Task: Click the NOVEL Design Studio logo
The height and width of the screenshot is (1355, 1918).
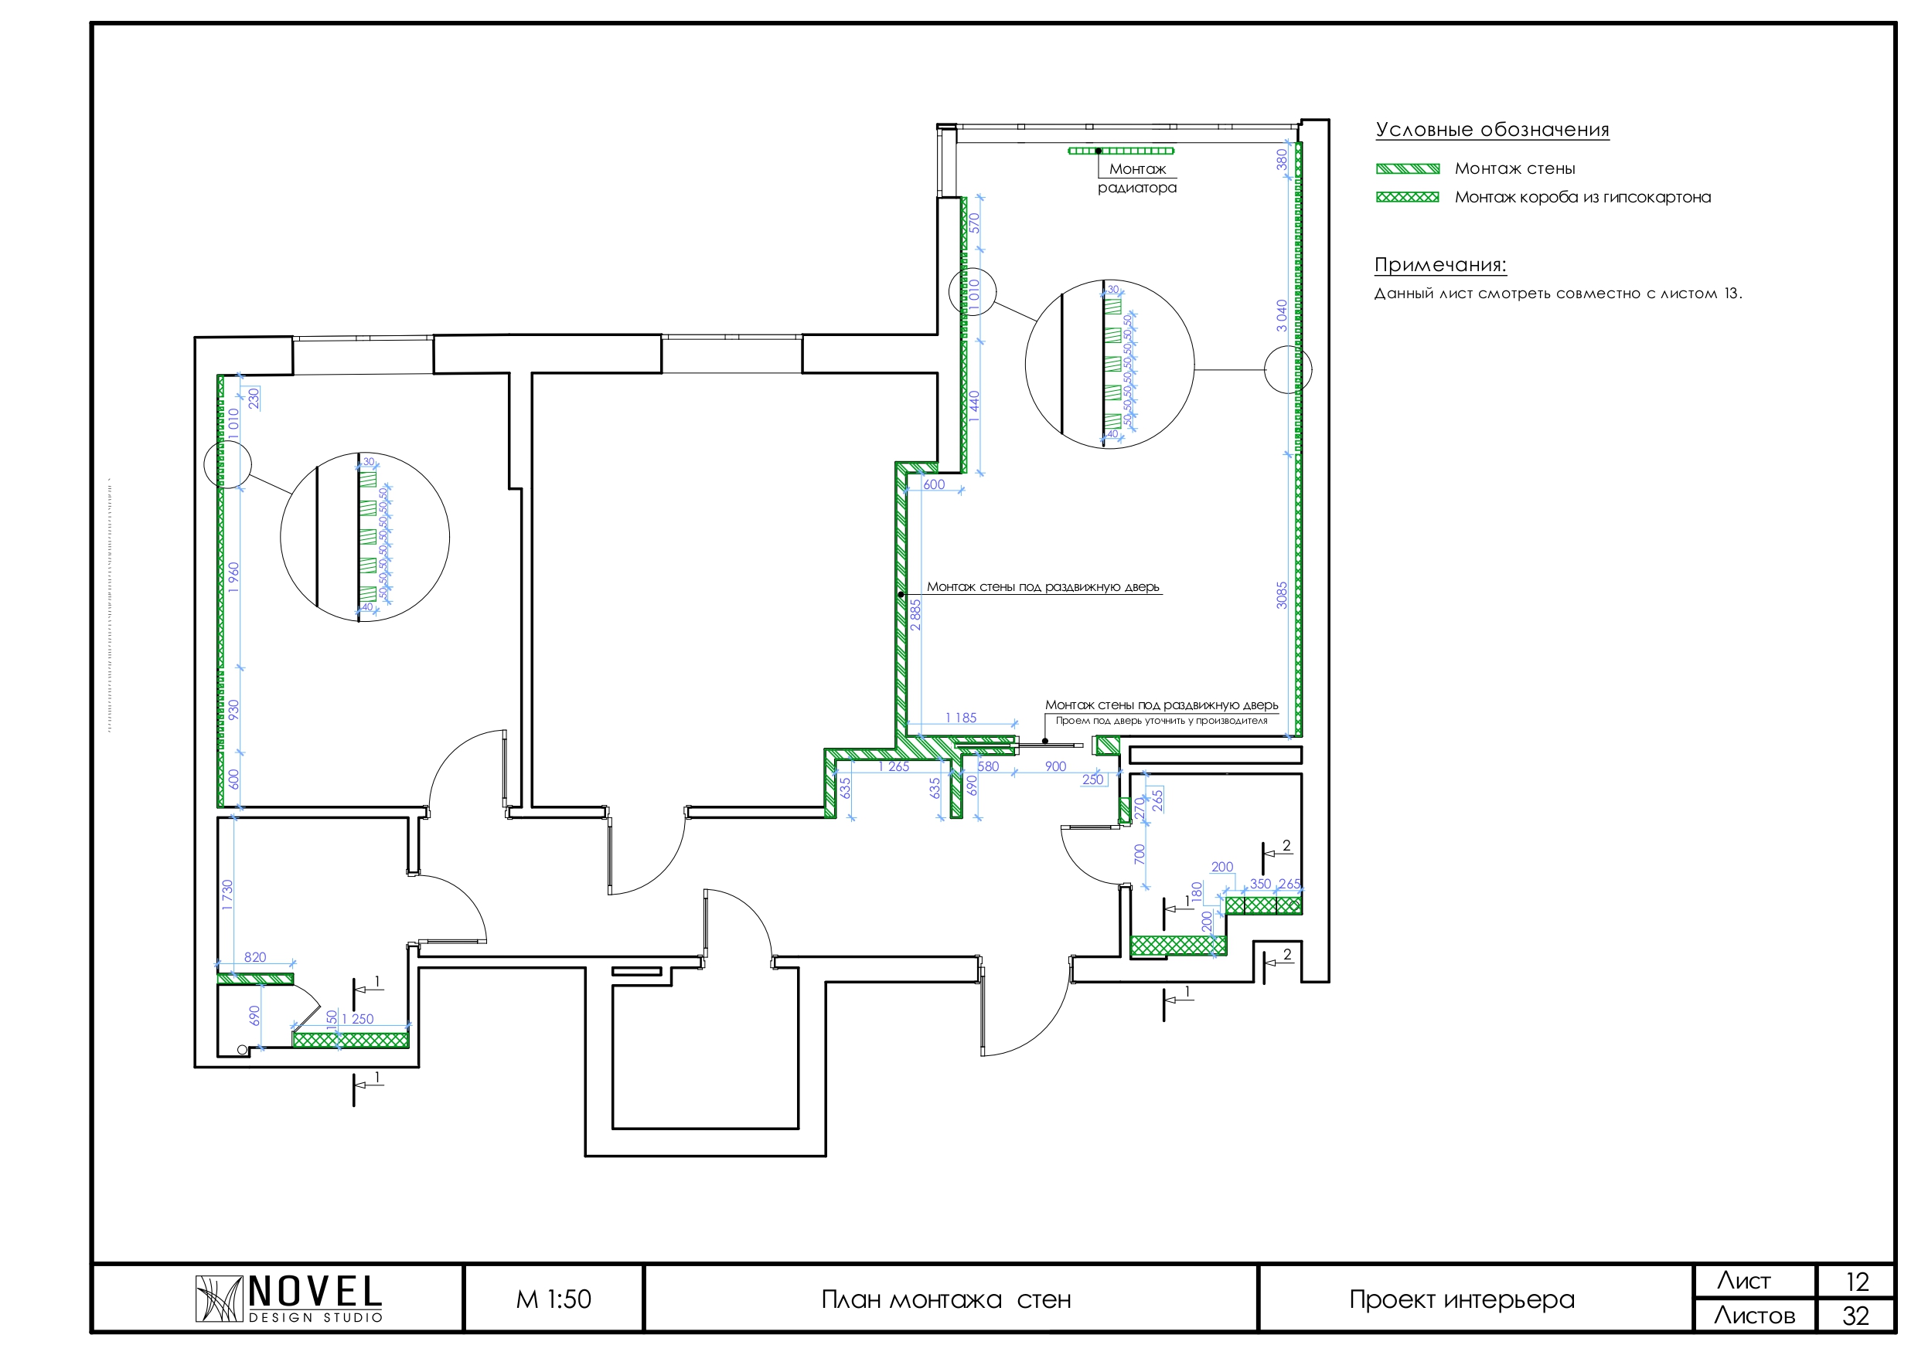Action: coord(288,1299)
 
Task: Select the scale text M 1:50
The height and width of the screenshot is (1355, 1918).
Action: coord(553,1300)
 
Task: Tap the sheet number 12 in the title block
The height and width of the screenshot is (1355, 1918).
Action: coord(1856,1282)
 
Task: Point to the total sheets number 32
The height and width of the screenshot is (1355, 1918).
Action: coord(1855,1316)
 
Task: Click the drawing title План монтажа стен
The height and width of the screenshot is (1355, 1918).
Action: coord(945,1300)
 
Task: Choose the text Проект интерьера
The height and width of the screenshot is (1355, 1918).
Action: coord(1462,1300)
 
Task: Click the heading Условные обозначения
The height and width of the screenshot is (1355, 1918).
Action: coord(1492,131)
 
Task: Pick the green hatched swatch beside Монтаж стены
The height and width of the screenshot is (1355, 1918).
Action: coord(1408,168)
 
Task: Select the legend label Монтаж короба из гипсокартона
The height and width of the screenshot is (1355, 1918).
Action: coord(1582,198)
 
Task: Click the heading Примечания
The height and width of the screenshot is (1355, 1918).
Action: coord(1440,266)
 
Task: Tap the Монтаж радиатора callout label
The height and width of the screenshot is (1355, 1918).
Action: coord(1137,178)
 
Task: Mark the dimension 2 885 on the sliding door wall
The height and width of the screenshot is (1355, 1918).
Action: coord(915,614)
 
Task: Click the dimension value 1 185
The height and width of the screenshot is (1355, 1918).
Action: coord(961,718)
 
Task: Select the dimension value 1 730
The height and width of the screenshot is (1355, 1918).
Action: coord(227,895)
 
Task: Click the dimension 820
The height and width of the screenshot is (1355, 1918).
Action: coord(255,958)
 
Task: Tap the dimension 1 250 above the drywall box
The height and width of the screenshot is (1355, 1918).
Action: coord(357,1020)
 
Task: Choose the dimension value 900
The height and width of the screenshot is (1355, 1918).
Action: coord(1055,766)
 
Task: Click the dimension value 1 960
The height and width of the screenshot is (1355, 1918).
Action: coord(234,578)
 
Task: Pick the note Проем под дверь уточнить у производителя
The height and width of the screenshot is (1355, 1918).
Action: coord(1161,721)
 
